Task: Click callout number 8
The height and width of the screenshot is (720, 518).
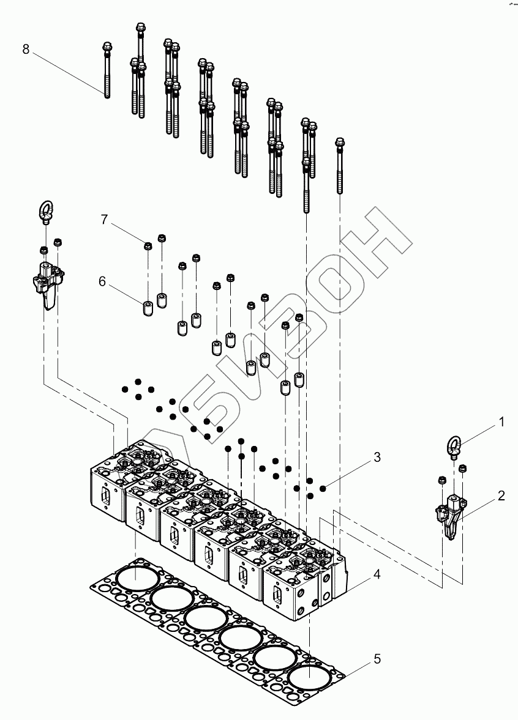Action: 26,49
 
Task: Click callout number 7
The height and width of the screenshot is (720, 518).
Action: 104,220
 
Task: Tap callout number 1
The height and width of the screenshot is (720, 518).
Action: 501,422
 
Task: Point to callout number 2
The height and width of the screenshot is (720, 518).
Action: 501,495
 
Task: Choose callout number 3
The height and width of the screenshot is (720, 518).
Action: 377,457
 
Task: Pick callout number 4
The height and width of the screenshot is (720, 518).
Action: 377,574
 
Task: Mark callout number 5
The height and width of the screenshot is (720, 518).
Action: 377,659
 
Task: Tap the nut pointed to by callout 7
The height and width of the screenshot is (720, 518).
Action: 148,246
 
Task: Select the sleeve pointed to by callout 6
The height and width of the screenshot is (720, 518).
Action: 148,308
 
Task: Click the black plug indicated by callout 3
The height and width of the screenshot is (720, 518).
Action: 323,487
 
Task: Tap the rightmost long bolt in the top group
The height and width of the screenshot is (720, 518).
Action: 340,165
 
